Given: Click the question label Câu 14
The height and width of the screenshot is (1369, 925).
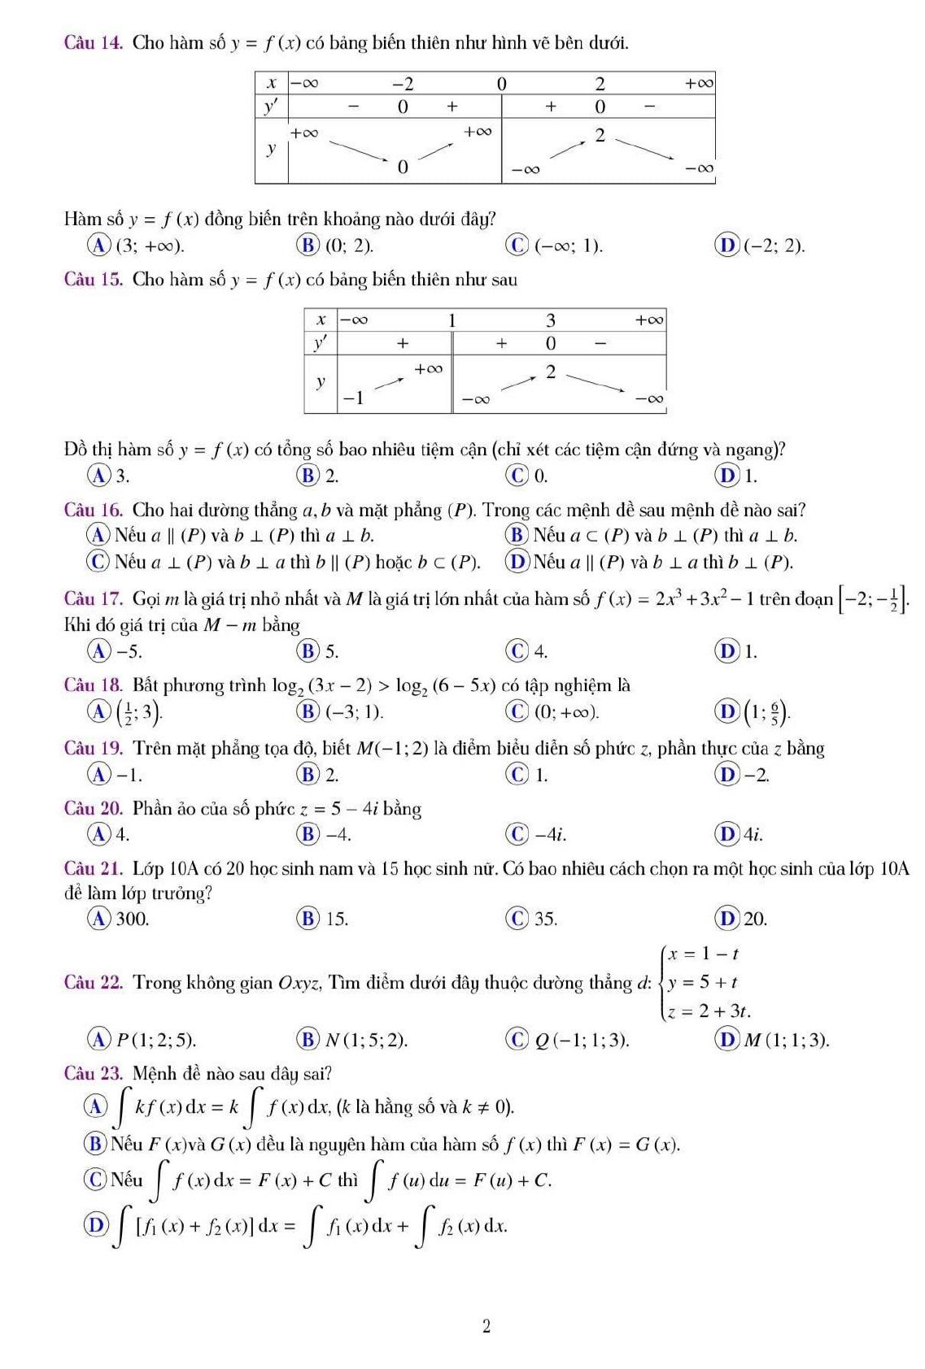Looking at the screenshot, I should tap(93, 42).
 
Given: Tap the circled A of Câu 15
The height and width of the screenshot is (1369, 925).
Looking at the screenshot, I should tap(100, 475).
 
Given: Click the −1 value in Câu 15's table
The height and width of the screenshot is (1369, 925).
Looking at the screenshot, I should tap(354, 398).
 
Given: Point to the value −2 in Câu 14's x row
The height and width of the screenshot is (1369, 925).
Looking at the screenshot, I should tap(403, 83).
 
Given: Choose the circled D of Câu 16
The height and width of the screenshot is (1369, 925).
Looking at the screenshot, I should tap(516, 562).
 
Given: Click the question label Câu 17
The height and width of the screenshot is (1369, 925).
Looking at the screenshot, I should tap(93, 599).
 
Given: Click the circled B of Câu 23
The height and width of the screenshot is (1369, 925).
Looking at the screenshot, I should tap(95, 1145).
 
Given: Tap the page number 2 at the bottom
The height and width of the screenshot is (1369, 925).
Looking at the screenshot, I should tap(486, 1327).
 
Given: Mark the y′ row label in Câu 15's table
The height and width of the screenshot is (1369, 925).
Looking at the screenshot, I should tap(320, 343).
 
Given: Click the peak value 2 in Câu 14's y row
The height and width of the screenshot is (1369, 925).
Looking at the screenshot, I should tap(600, 136).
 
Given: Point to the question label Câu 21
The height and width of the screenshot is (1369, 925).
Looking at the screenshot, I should tap(93, 868).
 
